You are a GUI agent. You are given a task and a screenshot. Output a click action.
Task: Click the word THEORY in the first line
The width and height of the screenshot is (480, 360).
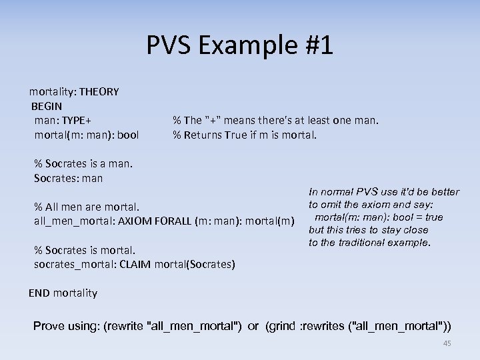coord(99,92)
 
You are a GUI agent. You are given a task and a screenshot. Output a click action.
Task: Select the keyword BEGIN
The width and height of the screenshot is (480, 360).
coord(47,106)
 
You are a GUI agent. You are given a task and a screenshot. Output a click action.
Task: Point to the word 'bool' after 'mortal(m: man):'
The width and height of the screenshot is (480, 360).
coord(127,135)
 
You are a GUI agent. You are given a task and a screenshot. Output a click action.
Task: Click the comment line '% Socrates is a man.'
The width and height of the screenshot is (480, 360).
coord(83,163)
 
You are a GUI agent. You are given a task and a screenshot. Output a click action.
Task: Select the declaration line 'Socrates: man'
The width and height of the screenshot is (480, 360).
coord(68,178)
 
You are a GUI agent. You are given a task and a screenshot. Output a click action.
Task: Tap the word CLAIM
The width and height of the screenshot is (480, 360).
coord(135,265)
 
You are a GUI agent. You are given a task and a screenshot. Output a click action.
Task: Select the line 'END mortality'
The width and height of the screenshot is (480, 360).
coord(63,293)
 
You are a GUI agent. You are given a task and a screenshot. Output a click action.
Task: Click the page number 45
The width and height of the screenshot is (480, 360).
coord(447,343)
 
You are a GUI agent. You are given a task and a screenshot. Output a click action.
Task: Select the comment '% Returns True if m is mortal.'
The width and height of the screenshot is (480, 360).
coord(245,135)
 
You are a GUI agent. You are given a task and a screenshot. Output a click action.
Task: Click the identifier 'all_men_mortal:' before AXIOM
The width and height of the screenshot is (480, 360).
coord(71,220)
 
